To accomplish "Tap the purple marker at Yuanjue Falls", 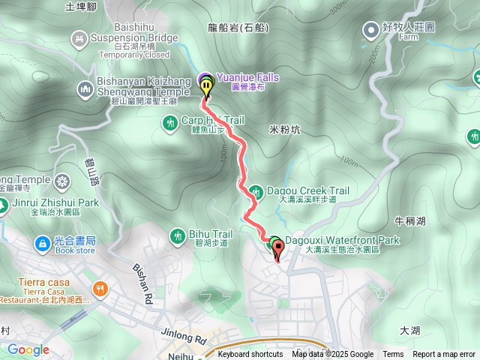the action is (x=205, y=79).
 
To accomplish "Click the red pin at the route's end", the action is (x=277, y=253).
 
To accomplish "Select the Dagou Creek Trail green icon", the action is (x=256, y=191).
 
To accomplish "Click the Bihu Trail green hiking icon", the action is (x=178, y=237).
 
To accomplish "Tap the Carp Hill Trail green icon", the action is (x=170, y=121).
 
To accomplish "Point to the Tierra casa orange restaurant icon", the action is (x=99, y=289).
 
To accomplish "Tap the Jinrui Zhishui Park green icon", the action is (x=2, y=202).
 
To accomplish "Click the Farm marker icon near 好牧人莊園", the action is (x=371, y=30).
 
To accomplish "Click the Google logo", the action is (x=28, y=349).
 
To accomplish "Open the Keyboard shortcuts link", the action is (x=250, y=355).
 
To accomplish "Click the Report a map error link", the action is (x=443, y=355).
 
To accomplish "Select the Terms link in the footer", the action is (x=393, y=355).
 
